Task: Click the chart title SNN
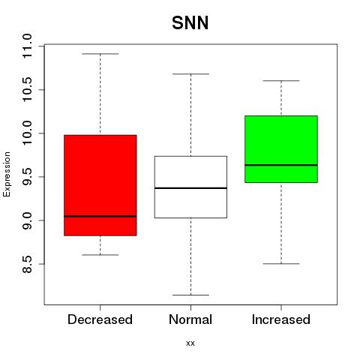190,23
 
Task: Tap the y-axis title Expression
7,174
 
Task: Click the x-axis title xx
190,343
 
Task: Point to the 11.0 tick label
26,46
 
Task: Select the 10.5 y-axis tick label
26,90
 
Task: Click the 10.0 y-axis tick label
26,133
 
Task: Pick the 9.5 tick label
26,177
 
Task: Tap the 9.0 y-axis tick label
26,220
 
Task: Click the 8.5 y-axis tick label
26,264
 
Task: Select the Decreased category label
100,319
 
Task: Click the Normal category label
190,319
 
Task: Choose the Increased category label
281,319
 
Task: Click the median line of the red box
100,216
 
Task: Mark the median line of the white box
190,188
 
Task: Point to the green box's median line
281,165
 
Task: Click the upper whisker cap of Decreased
100,54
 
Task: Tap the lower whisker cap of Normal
190,295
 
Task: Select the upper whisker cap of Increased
281,81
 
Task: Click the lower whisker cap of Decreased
100,255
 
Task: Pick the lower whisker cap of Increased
281,264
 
